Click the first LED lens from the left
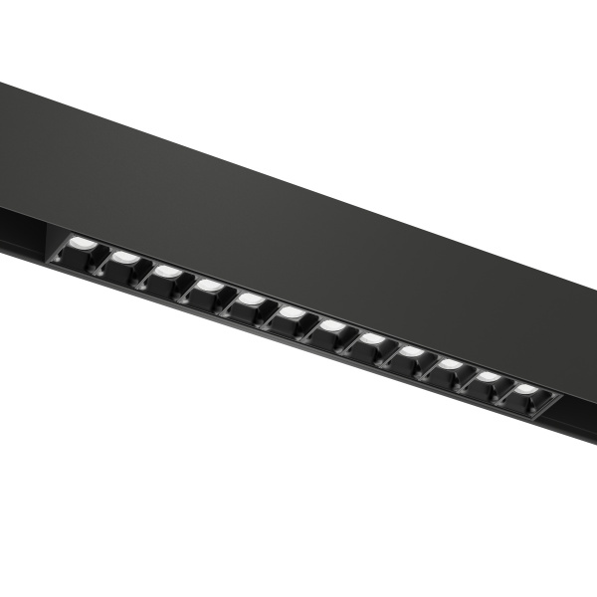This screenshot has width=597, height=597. click(x=84, y=246)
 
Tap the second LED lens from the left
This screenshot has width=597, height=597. click(x=125, y=258)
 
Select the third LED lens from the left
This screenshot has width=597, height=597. click(x=167, y=271)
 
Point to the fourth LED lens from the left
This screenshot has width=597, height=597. click(x=209, y=286)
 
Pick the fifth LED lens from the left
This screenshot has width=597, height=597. click(x=251, y=298)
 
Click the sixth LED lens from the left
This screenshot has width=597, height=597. click(x=292, y=312)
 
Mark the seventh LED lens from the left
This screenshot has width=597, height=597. click(x=331, y=325)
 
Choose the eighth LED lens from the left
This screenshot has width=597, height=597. click(x=371, y=338)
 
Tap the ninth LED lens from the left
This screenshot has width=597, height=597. click(x=410, y=351)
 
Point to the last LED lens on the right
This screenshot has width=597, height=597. click(x=524, y=389)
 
